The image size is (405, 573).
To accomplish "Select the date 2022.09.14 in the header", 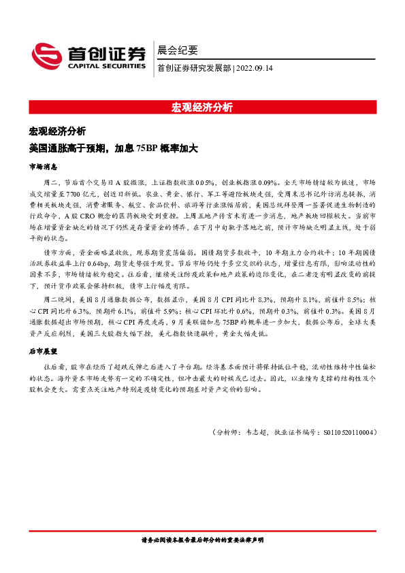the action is point(257,67).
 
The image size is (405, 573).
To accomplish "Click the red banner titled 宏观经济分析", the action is point(202,107).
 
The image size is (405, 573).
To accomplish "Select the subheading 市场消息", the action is point(43,166).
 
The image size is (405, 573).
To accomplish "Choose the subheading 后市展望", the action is point(43,351).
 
